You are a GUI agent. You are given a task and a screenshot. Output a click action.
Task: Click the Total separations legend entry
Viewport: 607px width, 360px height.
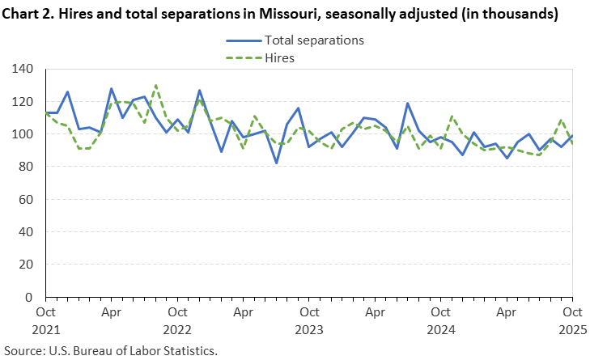[314, 40]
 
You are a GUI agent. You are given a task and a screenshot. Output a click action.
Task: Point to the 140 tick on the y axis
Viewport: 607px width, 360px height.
[23, 69]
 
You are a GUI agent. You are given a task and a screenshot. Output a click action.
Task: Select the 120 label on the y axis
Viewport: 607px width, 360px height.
[23, 101]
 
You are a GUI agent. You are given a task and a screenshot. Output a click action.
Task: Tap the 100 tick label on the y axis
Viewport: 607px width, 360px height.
[23, 133]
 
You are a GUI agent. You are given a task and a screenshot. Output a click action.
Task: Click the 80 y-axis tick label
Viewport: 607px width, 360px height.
[26, 167]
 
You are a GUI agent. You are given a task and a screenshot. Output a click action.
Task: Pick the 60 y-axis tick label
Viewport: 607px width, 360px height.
[26, 199]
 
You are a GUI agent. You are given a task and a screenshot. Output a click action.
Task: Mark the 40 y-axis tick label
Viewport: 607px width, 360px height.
[26, 231]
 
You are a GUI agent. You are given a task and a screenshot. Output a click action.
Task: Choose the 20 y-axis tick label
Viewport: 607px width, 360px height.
[26, 265]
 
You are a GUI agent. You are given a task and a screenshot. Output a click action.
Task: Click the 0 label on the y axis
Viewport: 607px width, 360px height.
[29, 297]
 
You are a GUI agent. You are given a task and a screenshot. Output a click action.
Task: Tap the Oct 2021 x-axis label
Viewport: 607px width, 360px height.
[45, 319]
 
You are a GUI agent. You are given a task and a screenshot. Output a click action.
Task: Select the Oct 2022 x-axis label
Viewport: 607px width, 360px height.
[176, 319]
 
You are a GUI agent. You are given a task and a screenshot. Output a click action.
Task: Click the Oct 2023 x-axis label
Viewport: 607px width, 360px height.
[308, 319]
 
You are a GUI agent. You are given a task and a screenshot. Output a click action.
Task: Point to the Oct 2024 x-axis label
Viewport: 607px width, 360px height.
[440, 319]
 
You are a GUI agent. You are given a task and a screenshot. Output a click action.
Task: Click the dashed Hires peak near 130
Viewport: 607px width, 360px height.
[155, 85]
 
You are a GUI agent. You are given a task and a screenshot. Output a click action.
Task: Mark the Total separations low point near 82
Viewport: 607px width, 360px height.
[276, 163]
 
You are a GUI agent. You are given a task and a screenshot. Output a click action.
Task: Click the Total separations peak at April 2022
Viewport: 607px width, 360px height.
[111, 88]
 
